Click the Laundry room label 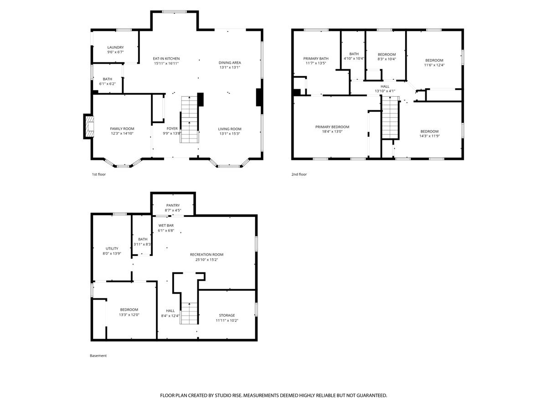pyautogui.click(x=115, y=47)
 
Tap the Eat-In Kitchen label pyautogui.click(x=166, y=58)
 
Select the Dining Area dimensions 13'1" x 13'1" pyautogui.click(x=230, y=67)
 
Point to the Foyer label pyautogui.click(x=172, y=128)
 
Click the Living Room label pyautogui.click(x=230, y=129)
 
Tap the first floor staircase pyautogui.click(x=189, y=119)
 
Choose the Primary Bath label pyautogui.click(x=316, y=58)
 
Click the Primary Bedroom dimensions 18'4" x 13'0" pyautogui.click(x=332, y=132)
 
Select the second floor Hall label pyautogui.click(x=385, y=87)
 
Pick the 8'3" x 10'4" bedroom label pyautogui.click(x=387, y=55)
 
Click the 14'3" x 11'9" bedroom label pyautogui.click(x=429, y=132)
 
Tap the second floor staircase pyautogui.click(x=391, y=118)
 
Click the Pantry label pyautogui.click(x=173, y=205)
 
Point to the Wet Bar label pyautogui.click(x=166, y=225)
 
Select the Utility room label pyautogui.click(x=112, y=248)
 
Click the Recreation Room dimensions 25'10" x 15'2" pyautogui.click(x=206, y=260)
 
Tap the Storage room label pyautogui.click(x=227, y=315)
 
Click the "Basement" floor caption pyautogui.click(x=98, y=356)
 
